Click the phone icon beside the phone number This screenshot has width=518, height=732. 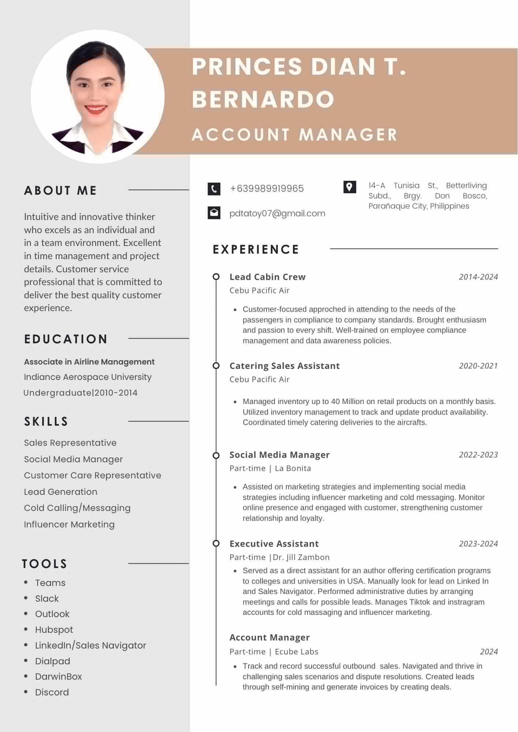tap(214, 189)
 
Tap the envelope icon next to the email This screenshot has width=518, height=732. tap(214, 213)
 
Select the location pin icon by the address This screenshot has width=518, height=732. tap(350, 187)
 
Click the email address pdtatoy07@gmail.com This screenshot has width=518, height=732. tap(277, 213)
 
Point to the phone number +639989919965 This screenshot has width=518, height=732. tap(267, 188)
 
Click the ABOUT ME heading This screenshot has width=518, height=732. tap(60, 190)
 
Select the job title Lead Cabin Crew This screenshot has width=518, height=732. tap(267, 277)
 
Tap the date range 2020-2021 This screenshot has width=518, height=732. tap(478, 366)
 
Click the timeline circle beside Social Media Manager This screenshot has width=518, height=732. tap(216, 455)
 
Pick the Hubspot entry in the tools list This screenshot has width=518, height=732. tap(54, 630)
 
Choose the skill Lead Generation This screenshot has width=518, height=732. tap(60, 492)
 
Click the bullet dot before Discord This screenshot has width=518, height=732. tap(26, 692)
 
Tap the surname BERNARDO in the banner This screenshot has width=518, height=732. tap(263, 99)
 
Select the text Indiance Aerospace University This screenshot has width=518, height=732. tap(87, 377)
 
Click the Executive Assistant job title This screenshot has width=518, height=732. tap(274, 544)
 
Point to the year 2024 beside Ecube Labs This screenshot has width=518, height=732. tap(489, 651)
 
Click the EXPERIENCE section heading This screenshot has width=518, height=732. tap(256, 249)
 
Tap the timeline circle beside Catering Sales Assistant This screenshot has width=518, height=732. tap(216, 366)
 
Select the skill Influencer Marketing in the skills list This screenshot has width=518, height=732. tap(69, 524)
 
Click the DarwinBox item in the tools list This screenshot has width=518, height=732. tap(59, 676)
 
